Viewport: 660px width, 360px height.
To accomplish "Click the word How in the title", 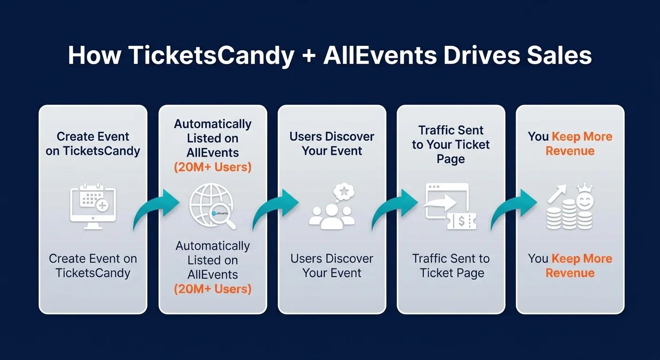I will point(94,56).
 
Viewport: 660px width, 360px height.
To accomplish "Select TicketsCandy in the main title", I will point(210,56).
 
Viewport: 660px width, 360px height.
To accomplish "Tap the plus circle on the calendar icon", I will point(101,205).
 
